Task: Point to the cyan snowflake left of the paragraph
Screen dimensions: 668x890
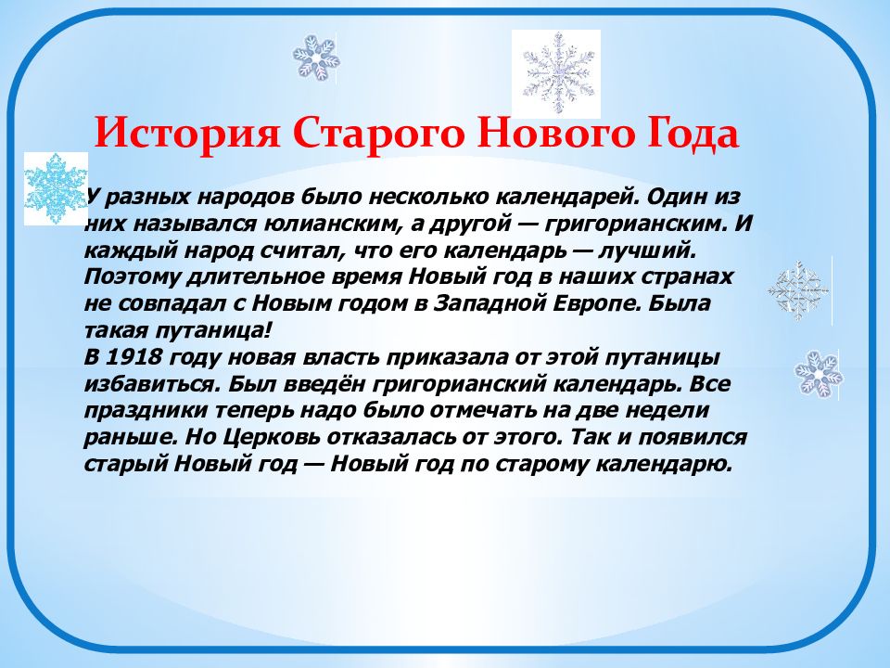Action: click(x=56, y=187)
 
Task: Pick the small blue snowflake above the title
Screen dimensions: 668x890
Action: click(x=316, y=58)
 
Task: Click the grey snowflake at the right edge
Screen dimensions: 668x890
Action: click(x=797, y=290)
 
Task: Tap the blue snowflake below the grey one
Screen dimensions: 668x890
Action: click(x=819, y=373)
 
